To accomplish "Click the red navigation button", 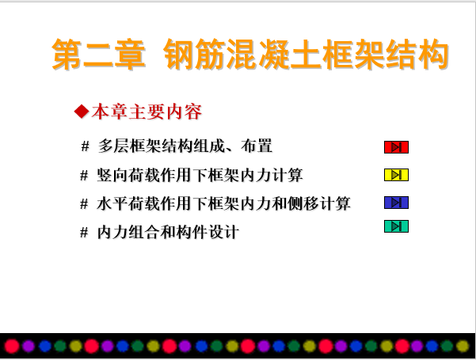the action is point(396,147).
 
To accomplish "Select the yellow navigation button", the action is point(396,175).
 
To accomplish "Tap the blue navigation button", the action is point(396,203).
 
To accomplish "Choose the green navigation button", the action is point(396,226).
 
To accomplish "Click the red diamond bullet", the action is point(82,112).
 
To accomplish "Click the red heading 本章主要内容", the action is point(147,112).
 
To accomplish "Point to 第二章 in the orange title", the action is point(98,55).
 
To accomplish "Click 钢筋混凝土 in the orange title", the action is point(242,55).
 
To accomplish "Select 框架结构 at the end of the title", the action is point(385,55).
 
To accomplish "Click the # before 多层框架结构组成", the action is point(85,146).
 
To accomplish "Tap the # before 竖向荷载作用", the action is point(84,176).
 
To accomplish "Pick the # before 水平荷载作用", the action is point(84,204).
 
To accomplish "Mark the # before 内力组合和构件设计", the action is point(84,233).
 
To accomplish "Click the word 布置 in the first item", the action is point(257,146).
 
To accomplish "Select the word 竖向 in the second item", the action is point(112,175).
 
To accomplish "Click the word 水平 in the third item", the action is point(112,203).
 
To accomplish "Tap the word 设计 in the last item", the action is point(223,233).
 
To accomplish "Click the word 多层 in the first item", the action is point(113,146).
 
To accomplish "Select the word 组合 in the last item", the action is point(144,233).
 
